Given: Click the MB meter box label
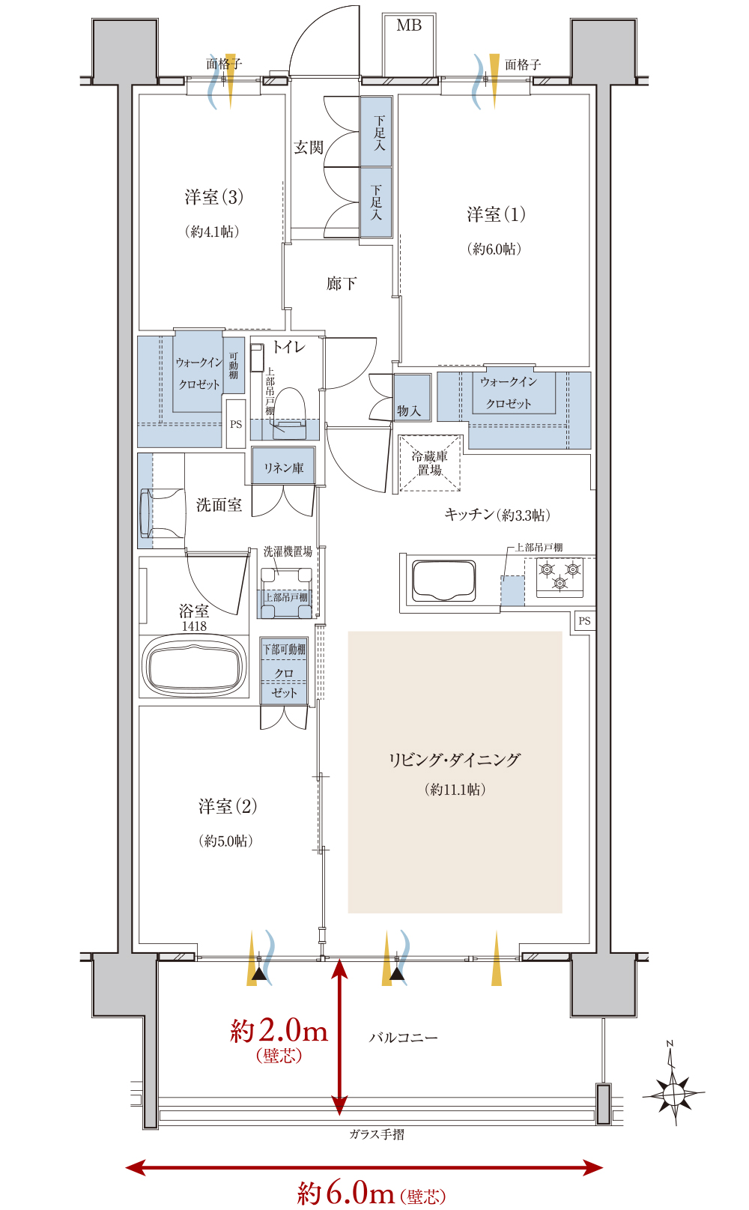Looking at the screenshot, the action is pyautogui.click(x=409, y=25).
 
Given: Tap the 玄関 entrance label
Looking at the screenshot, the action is pyautogui.click(x=309, y=147).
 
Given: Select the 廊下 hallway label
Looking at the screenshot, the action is pyautogui.click(x=342, y=283).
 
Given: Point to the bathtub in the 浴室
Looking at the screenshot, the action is pyautogui.click(x=194, y=666).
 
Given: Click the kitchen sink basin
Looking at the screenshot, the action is pyautogui.click(x=444, y=581).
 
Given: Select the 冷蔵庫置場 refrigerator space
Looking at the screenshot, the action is pyautogui.click(x=430, y=463).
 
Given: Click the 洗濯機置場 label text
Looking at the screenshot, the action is pyautogui.click(x=288, y=551).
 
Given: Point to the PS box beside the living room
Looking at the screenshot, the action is pyautogui.click(x=583, y=620).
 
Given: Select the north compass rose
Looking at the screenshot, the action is pyautogui.click(x=673, y=1089).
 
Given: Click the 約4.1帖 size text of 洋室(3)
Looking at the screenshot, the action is pyautogui.click(x=212, y=232).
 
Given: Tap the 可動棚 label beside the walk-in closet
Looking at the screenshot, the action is pyautogui.click(x=233, y=366).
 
